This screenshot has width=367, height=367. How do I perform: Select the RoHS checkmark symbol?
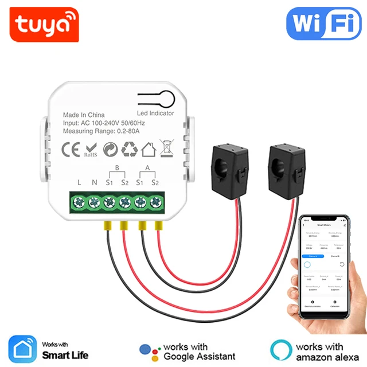pos(91,149)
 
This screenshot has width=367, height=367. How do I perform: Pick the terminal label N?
pos(94,182)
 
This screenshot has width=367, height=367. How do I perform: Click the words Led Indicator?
pos(155,113)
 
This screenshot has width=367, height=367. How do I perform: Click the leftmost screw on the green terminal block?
pos(79,202)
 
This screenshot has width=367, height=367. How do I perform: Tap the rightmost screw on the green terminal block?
pos(155,202)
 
